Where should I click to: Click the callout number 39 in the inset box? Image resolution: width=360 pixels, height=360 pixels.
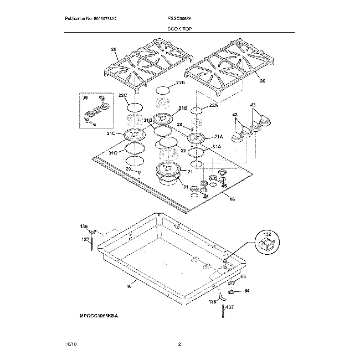(x=85, y=97)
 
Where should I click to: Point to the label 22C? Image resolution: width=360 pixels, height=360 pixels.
(x=123, y=96)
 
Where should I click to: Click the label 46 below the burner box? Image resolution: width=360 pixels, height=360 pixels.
(x=128, y=286)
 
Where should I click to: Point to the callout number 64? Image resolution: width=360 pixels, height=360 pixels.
(x=247, y=290)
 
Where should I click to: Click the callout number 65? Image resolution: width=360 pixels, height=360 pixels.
(x=242, y=276)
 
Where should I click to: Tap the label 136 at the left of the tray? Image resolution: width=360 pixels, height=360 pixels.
(x=84, y=227)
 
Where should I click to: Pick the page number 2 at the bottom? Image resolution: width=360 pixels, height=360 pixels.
(x=179, y=344)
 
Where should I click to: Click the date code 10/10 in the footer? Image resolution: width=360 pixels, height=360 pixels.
(x=69, y=344)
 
